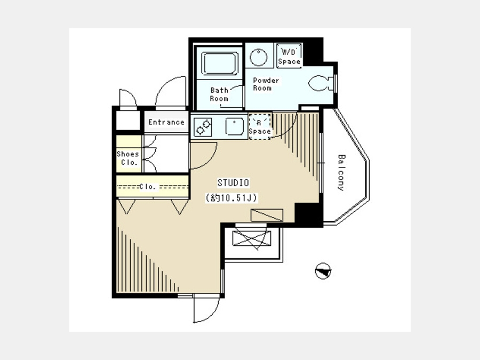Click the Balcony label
click(341, 173)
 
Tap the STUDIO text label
click(233, 183)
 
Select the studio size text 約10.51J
click(232, 198)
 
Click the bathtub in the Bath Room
click(220, 63)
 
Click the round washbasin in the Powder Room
click(258, 57)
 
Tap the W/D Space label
click(289, 57)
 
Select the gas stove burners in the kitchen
click(203, 127)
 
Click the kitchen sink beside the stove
click(235, 126)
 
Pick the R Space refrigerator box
click(260, 126)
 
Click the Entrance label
click(166, 122)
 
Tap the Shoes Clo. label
click(128, 158)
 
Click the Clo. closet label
click(148, 187)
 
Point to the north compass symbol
click(323, 271)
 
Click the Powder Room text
click(266, 84)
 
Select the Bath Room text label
click(219, 94)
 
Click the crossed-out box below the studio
click(252, 238)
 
